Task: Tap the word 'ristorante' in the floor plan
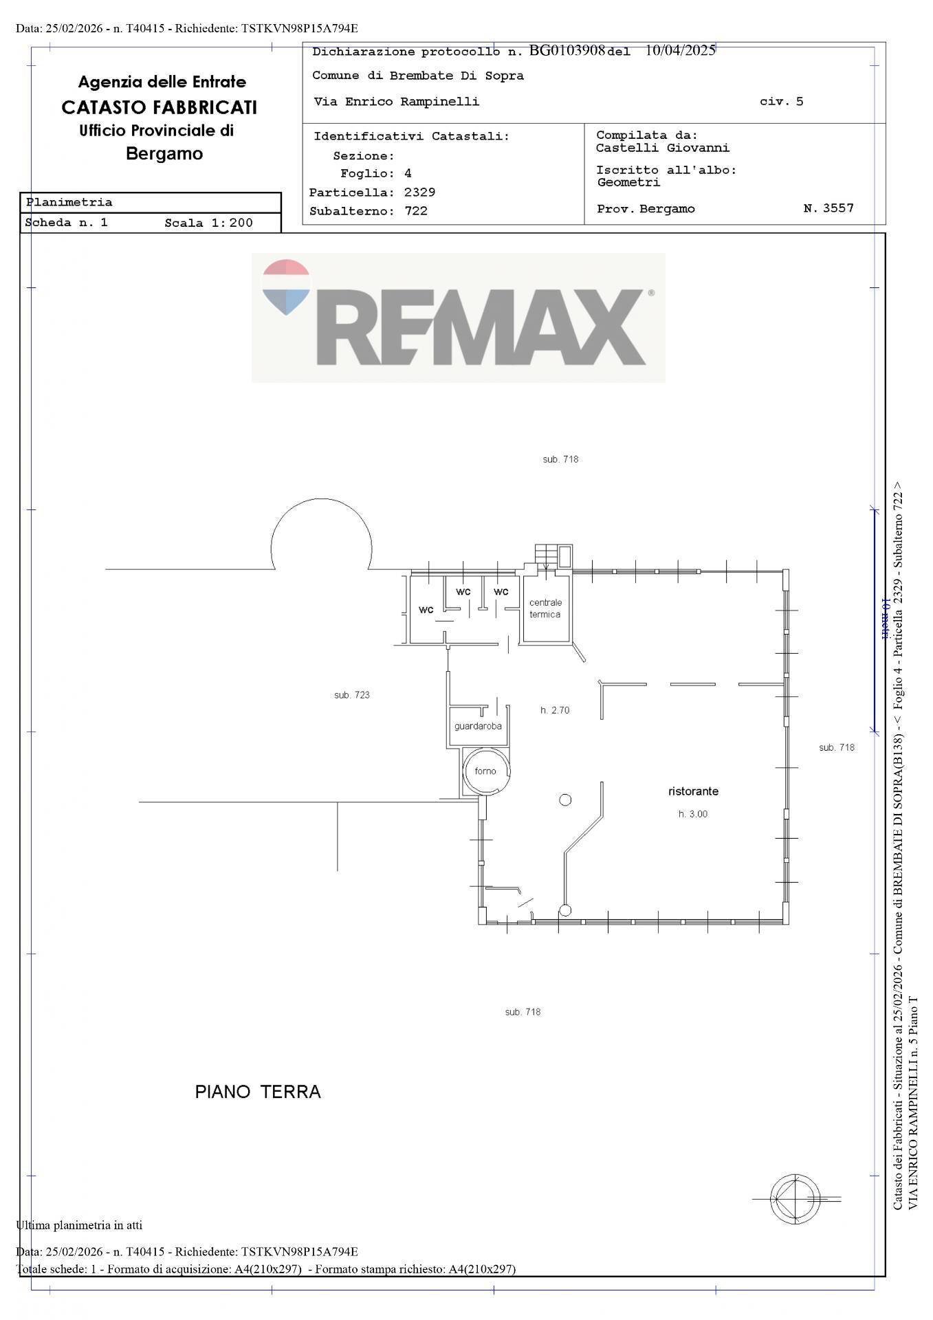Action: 693,791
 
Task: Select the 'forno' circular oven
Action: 486,771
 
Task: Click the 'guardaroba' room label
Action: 478,726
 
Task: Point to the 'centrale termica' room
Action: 545,608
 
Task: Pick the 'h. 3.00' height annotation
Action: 693,814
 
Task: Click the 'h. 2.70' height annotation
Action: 555,710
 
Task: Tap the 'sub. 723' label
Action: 352,695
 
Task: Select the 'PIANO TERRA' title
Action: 258,1092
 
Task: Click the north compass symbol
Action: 795,1199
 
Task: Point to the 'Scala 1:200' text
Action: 209,223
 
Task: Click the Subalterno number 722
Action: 416,211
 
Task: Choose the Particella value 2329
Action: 419,192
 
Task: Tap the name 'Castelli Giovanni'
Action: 663,148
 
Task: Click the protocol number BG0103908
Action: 567,50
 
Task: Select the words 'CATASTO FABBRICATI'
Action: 160,107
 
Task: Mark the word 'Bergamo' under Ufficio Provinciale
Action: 164,153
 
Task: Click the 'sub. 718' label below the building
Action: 523,1012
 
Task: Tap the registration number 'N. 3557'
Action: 828,208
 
